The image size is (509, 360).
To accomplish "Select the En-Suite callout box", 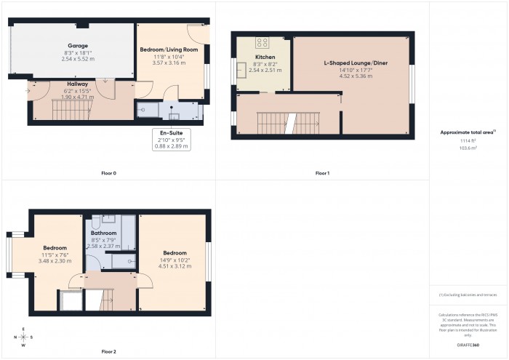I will pyautogui.click(x=171, y=140).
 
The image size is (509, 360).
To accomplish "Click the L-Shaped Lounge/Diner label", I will pyautogui.click(x=356, y=63).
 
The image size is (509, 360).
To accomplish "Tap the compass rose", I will pyautogui.click(x=24, y=337).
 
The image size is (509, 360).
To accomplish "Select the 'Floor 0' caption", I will pyautogui.click(x=108, y=173).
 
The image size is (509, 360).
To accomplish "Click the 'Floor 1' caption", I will pyautogui.click(x=322, y=173).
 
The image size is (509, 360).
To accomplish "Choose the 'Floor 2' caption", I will pyautogui.click(x=108, y=351).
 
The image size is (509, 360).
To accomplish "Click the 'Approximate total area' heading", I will pyautogui.click(x=468, y=132).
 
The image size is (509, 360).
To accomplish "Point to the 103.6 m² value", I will pyautogui.click(x=468, y=148).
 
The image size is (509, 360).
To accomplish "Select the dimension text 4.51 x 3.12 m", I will pyautogui.click(x=175, y=266).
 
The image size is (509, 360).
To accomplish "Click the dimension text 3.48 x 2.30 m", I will pyautogui.click(x=55, y=260).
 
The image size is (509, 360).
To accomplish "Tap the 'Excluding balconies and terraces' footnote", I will pyautogui.click(x=468, y=295).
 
